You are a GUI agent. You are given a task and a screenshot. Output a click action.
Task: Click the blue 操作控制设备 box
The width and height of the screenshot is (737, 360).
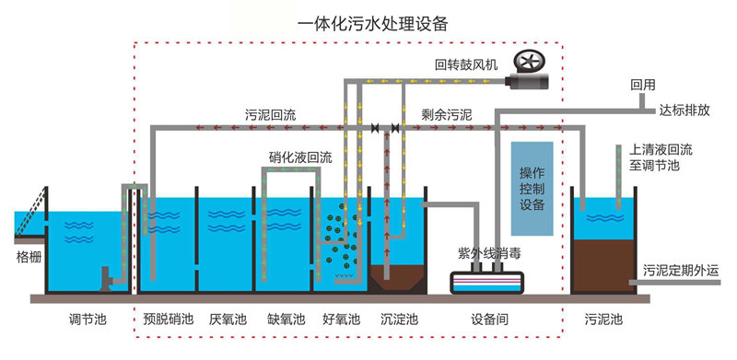pyautogui.click(x=532, y=189)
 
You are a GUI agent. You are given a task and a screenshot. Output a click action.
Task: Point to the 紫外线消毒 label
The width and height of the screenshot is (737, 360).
pyautogui.click(x=487, y=251)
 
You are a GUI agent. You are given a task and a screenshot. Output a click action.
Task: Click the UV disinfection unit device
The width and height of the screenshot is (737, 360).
pyautogui.click(x=487, y=281)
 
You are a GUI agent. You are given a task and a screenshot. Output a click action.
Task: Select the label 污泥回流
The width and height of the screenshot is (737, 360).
pyautogui.click(x=270, y=115)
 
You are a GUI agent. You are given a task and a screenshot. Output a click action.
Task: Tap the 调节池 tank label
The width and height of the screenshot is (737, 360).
pyautogui.click(x=88, y=320)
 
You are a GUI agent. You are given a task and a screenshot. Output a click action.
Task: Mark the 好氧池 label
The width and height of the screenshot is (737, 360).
pyautogui.click(x=341, y=320)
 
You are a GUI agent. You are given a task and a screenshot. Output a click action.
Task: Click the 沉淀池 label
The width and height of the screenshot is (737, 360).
pyautogui.click(x=399, y=320)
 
